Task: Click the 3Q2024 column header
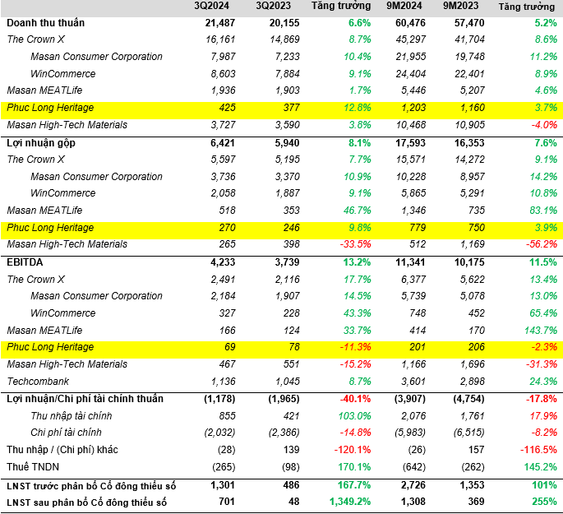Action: pyautogui.click(x=219, y=7)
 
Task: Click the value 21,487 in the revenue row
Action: pyautogui.click(x=219, y=22)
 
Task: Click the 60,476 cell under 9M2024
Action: pyautogui.click(x=405, y=22)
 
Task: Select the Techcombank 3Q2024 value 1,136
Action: pyautogui.click(x=224, y=382)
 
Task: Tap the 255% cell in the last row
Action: pyautogui.click(x=543, y=502)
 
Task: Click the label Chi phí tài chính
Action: pyautogui.click(x=66, y=433)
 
